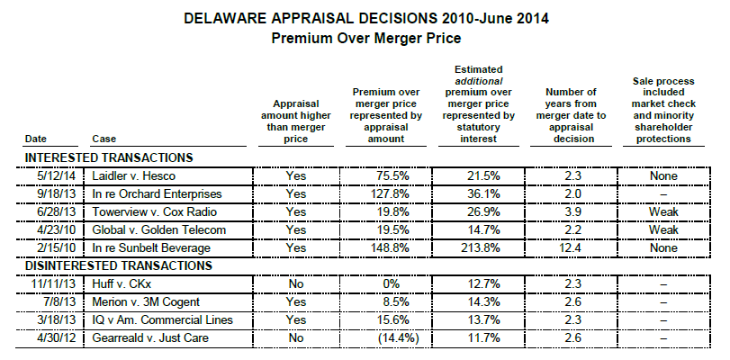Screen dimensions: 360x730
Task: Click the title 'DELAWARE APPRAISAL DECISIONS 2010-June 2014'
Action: click(364, 19)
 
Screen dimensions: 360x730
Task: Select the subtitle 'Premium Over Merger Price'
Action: click(364, 38)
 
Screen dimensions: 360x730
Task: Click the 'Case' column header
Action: click(103, 139)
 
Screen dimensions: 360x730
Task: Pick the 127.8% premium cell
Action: click(384, 193)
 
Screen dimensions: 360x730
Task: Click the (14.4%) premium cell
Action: click(384, 337)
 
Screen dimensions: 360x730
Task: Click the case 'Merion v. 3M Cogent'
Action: click(140, 301)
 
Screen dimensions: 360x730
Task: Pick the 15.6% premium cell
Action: click(384, 319)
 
